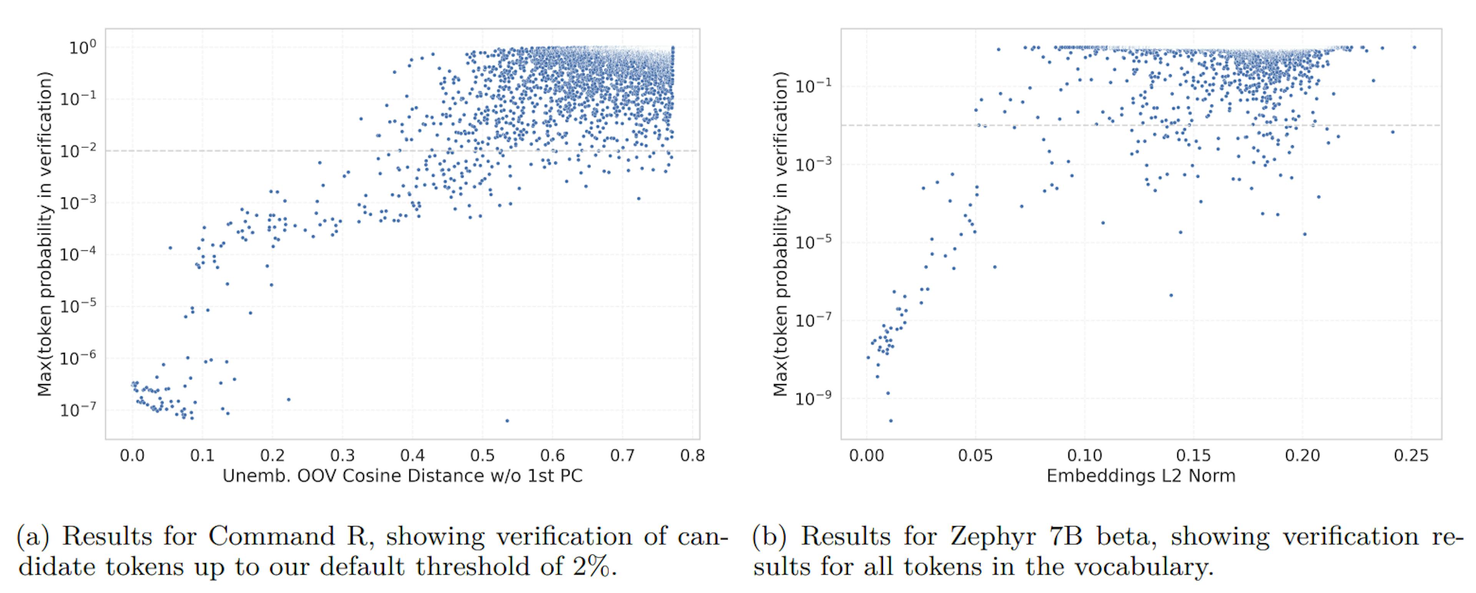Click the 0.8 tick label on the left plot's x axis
click(692, 456)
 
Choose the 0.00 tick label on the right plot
click(866, 456)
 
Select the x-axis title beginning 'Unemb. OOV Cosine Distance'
click(402, 476)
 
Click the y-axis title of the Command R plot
click(45, 234)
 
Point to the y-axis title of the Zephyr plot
click(780, 234)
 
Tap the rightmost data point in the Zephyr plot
click(1414, 48)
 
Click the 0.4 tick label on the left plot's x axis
click(412, 456)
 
